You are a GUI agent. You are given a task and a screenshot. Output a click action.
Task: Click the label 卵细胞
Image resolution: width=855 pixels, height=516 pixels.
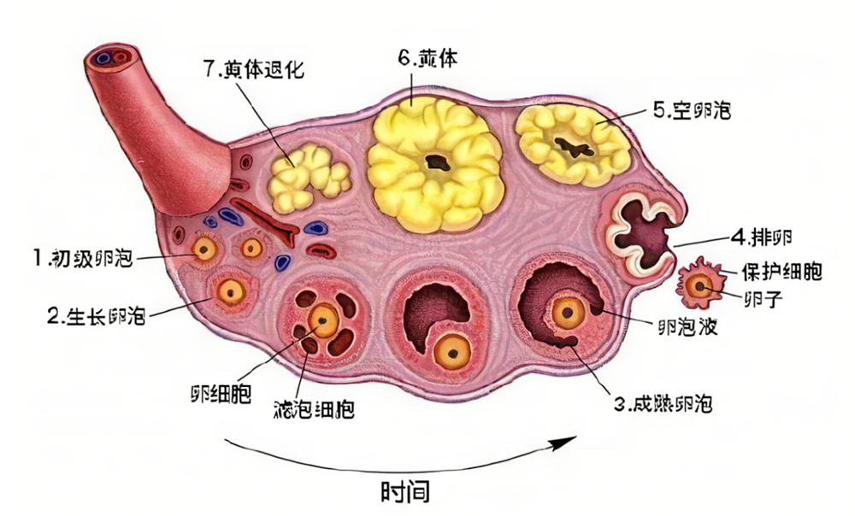[x=221, y=396]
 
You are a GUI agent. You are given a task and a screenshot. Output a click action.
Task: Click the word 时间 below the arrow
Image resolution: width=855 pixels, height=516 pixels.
[x=405, y=492]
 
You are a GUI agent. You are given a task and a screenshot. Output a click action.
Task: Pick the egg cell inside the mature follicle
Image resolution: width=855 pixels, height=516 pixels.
[x=567, y=312]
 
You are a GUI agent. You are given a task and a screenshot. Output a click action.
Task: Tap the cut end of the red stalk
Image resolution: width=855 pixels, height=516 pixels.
[x=110, y=58]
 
